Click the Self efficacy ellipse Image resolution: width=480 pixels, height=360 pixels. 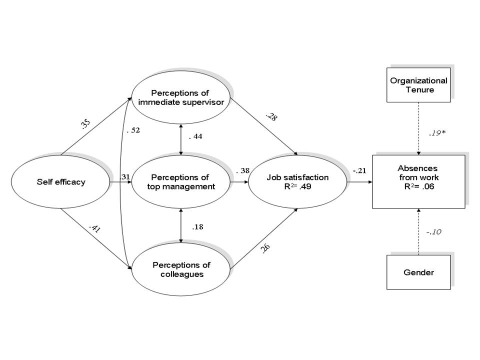[x=60, y=182]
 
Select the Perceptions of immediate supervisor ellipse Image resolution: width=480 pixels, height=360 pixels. [x=181, y=97]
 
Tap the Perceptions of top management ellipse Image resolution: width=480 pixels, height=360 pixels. [x=181, y=182]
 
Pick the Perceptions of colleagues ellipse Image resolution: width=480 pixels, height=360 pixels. [x=181, y=269]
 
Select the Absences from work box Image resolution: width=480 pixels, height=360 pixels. [x=418, y=181]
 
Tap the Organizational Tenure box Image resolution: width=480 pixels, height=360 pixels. [x=418, y=85]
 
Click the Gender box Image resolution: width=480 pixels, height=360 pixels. [x=418, y=272]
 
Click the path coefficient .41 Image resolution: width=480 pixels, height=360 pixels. [x=93, y=229]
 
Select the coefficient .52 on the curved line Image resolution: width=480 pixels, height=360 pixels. [x=132, y=130]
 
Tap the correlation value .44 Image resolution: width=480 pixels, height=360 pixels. [x=196, y=136]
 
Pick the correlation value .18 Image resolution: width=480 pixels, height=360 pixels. [x=197, y=227]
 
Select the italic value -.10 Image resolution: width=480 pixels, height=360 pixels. [x=433, y=232]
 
